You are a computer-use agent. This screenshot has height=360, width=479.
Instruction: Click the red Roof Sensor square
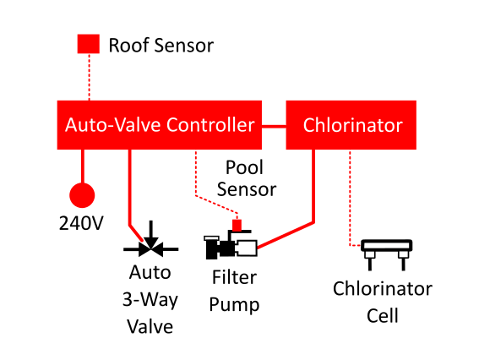89,44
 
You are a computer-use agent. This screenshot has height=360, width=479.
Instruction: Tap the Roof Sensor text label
161,46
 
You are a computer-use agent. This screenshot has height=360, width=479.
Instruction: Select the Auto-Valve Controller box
160,125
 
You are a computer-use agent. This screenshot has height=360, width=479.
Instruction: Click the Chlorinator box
351,125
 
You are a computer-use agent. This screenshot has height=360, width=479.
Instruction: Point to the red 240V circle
82,195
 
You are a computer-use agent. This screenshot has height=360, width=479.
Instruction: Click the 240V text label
81,223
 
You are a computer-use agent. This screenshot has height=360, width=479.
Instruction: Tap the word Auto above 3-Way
150,272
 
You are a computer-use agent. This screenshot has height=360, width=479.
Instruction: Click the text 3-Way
150,299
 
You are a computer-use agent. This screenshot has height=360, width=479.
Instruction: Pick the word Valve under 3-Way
150,326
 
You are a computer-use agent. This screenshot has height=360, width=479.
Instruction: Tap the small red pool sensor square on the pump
237,226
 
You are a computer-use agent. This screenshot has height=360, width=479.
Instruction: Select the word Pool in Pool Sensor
244,167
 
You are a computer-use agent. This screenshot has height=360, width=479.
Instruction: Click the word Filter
234,277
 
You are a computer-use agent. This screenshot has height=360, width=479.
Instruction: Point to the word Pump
234,305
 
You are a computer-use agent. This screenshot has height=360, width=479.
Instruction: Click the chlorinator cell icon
387,254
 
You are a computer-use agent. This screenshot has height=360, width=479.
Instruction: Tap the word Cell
383,316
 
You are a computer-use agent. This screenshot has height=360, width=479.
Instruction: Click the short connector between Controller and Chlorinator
274,126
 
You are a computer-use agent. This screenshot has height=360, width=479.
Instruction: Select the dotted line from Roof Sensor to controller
90,77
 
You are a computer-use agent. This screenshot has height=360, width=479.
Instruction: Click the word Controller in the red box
210,125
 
